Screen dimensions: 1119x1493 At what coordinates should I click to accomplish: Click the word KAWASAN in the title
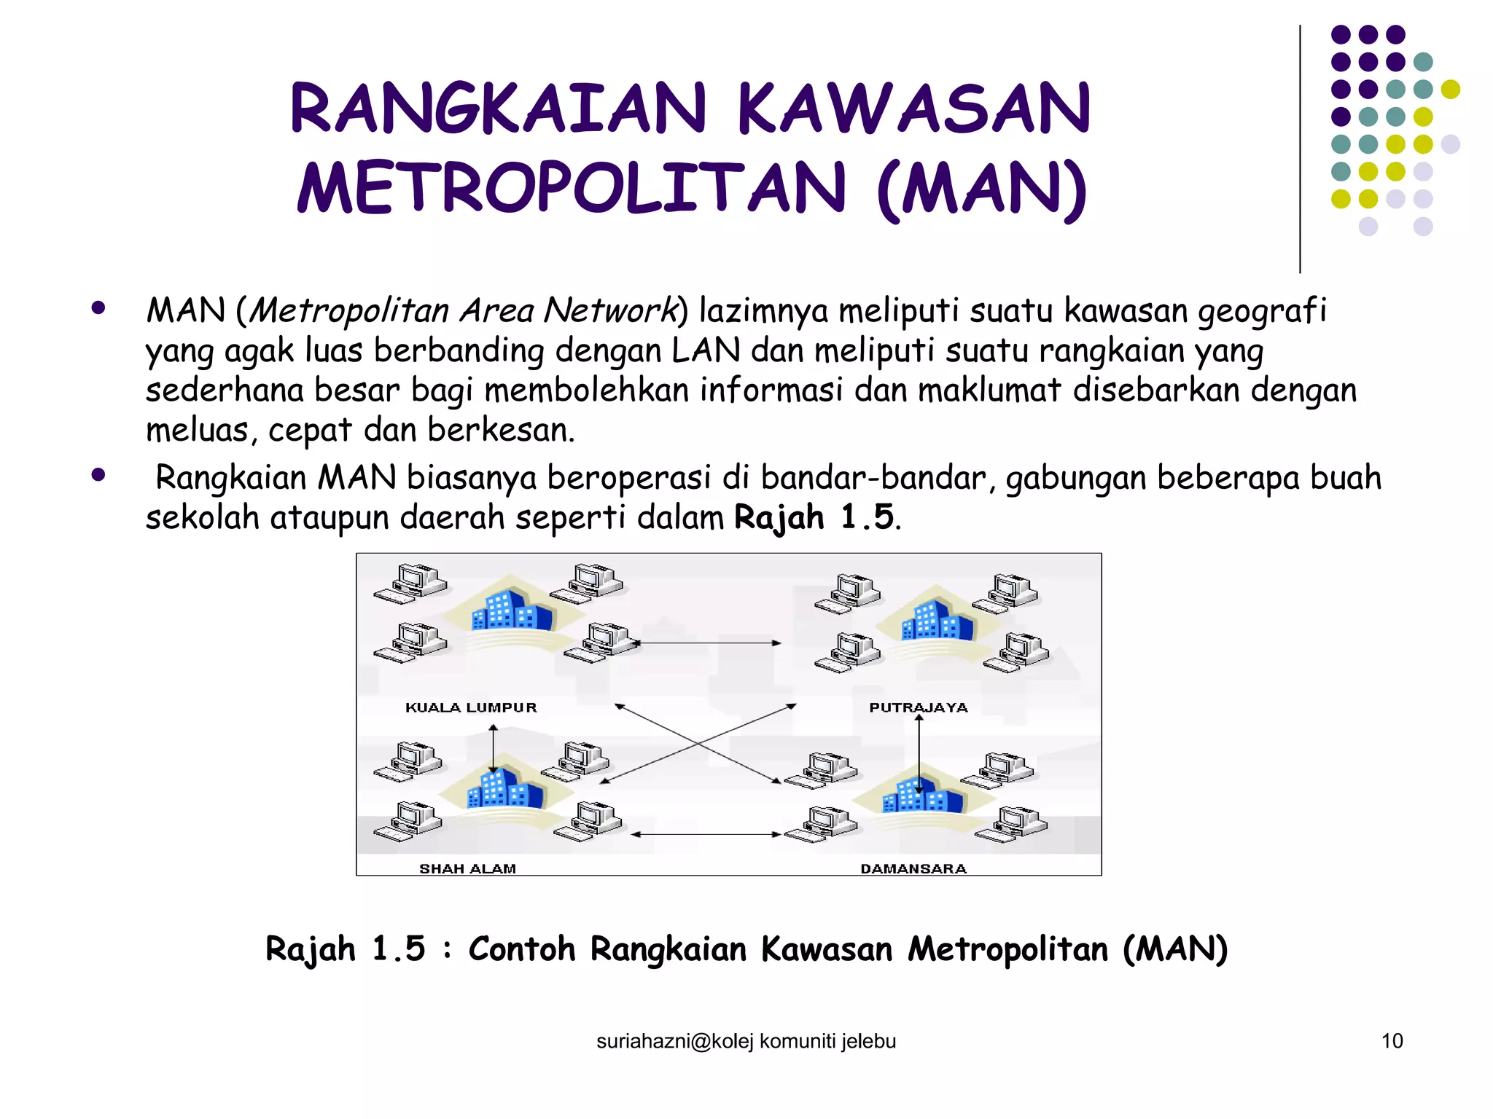[x=913, y=109]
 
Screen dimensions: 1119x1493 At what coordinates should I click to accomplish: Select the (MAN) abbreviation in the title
[x=981, y=189]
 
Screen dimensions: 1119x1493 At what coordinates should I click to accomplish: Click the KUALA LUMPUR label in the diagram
[x=471, y=707]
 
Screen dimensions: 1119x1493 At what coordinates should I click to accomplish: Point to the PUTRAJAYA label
[x=919, y=707]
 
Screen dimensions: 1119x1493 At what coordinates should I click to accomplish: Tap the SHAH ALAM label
[x=467, y=868]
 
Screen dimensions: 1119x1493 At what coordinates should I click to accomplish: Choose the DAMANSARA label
[x=913, y=868]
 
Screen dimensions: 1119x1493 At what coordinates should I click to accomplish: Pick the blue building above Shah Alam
[x=504, y=788]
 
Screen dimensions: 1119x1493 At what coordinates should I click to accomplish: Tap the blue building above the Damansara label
[x=922, y=796]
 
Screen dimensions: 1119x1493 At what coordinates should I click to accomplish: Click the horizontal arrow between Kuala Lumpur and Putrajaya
[x=709, y=643]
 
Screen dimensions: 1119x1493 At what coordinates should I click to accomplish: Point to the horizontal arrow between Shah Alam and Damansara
[x=706, y=834]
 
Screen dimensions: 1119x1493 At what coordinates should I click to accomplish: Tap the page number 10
[x=1392, y=1041]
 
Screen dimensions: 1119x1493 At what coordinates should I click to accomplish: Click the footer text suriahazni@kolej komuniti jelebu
[x=746, y=1042]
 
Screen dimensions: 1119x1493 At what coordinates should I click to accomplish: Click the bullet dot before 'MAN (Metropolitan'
[x=98, y=308]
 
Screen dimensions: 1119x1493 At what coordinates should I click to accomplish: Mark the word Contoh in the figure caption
[x=521, y=949]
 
